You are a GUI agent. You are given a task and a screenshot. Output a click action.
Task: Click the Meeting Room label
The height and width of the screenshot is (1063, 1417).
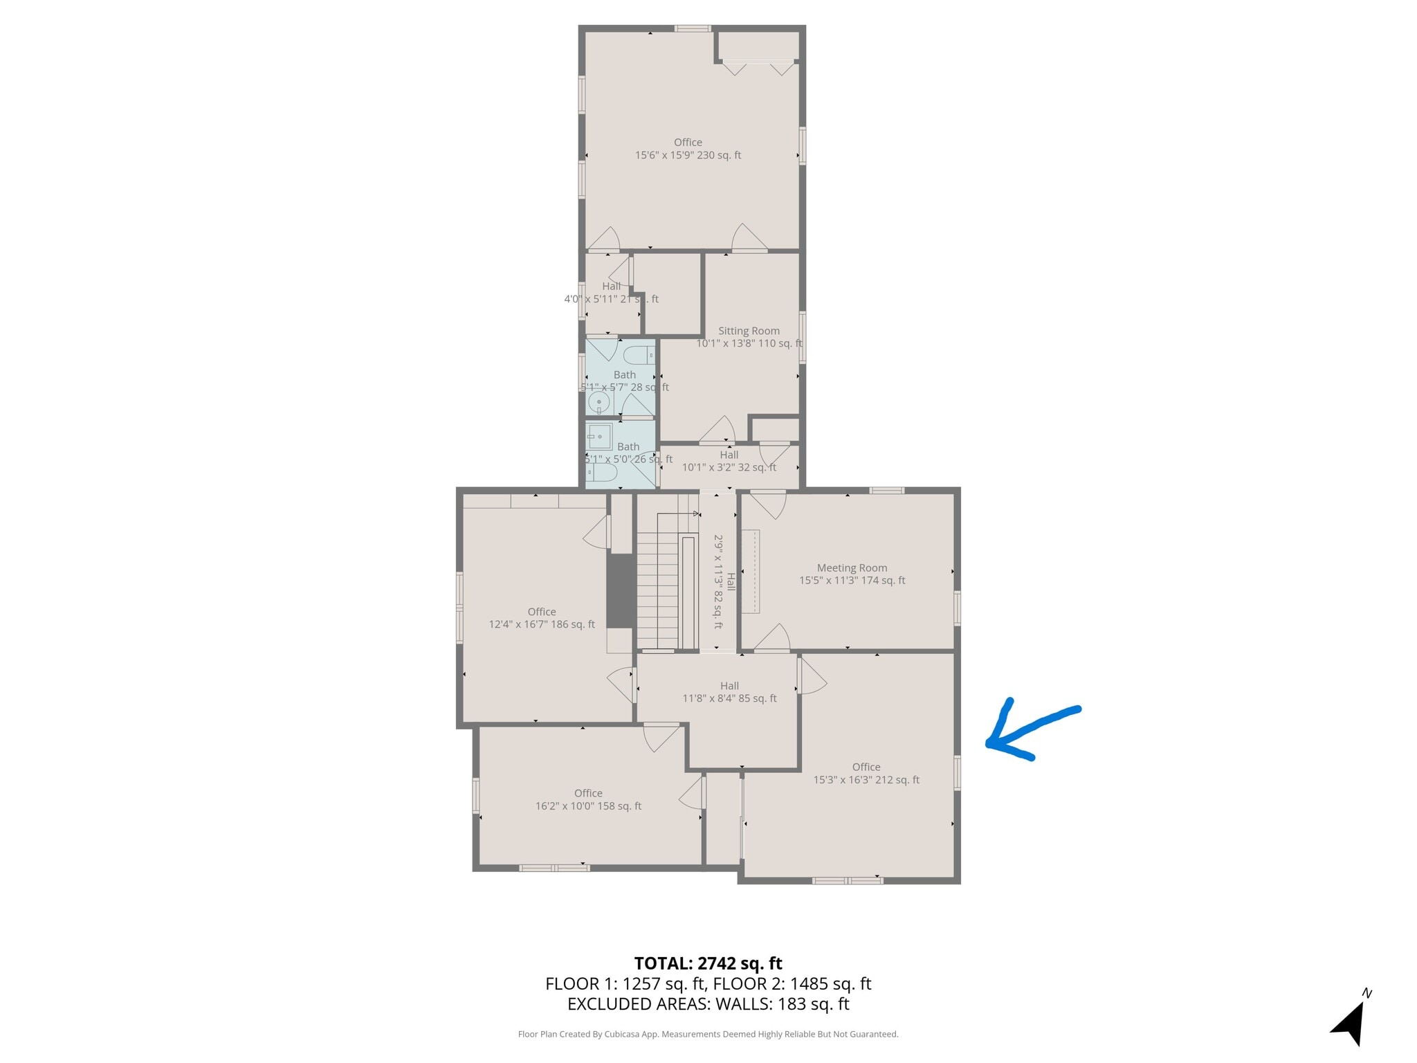click(x=852, y=568)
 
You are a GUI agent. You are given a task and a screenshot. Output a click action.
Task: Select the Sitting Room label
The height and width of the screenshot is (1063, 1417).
click(x=749, y=331)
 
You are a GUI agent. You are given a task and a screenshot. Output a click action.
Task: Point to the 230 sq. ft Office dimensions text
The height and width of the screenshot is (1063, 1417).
click(x=688, y=156)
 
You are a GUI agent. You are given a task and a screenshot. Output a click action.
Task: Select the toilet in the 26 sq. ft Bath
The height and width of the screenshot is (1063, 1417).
click(x=601, y=473)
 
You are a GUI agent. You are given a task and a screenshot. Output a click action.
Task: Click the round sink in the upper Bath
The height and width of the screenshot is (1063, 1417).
click(x=598, y=401)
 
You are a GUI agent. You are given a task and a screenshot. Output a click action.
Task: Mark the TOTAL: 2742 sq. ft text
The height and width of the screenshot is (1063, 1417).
click(x=708, y=963)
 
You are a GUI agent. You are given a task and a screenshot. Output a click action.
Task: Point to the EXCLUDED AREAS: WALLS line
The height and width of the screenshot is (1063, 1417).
click(x=708, y=1004)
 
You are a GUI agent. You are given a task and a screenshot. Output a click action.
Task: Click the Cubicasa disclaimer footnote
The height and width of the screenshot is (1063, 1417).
click(x=708, y=1035)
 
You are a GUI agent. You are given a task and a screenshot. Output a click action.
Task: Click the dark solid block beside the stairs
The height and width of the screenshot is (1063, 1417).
click(x=621, y=590)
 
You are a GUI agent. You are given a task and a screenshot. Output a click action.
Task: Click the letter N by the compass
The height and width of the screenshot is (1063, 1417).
click(x=1366, y=994)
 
